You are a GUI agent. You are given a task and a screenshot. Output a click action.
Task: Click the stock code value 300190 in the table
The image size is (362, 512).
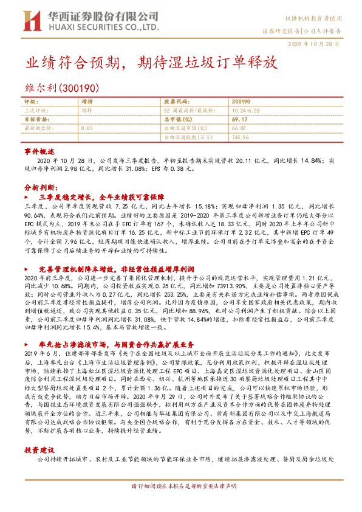[241, 102]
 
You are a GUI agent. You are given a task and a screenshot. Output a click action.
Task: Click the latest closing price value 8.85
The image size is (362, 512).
[86, 129]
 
